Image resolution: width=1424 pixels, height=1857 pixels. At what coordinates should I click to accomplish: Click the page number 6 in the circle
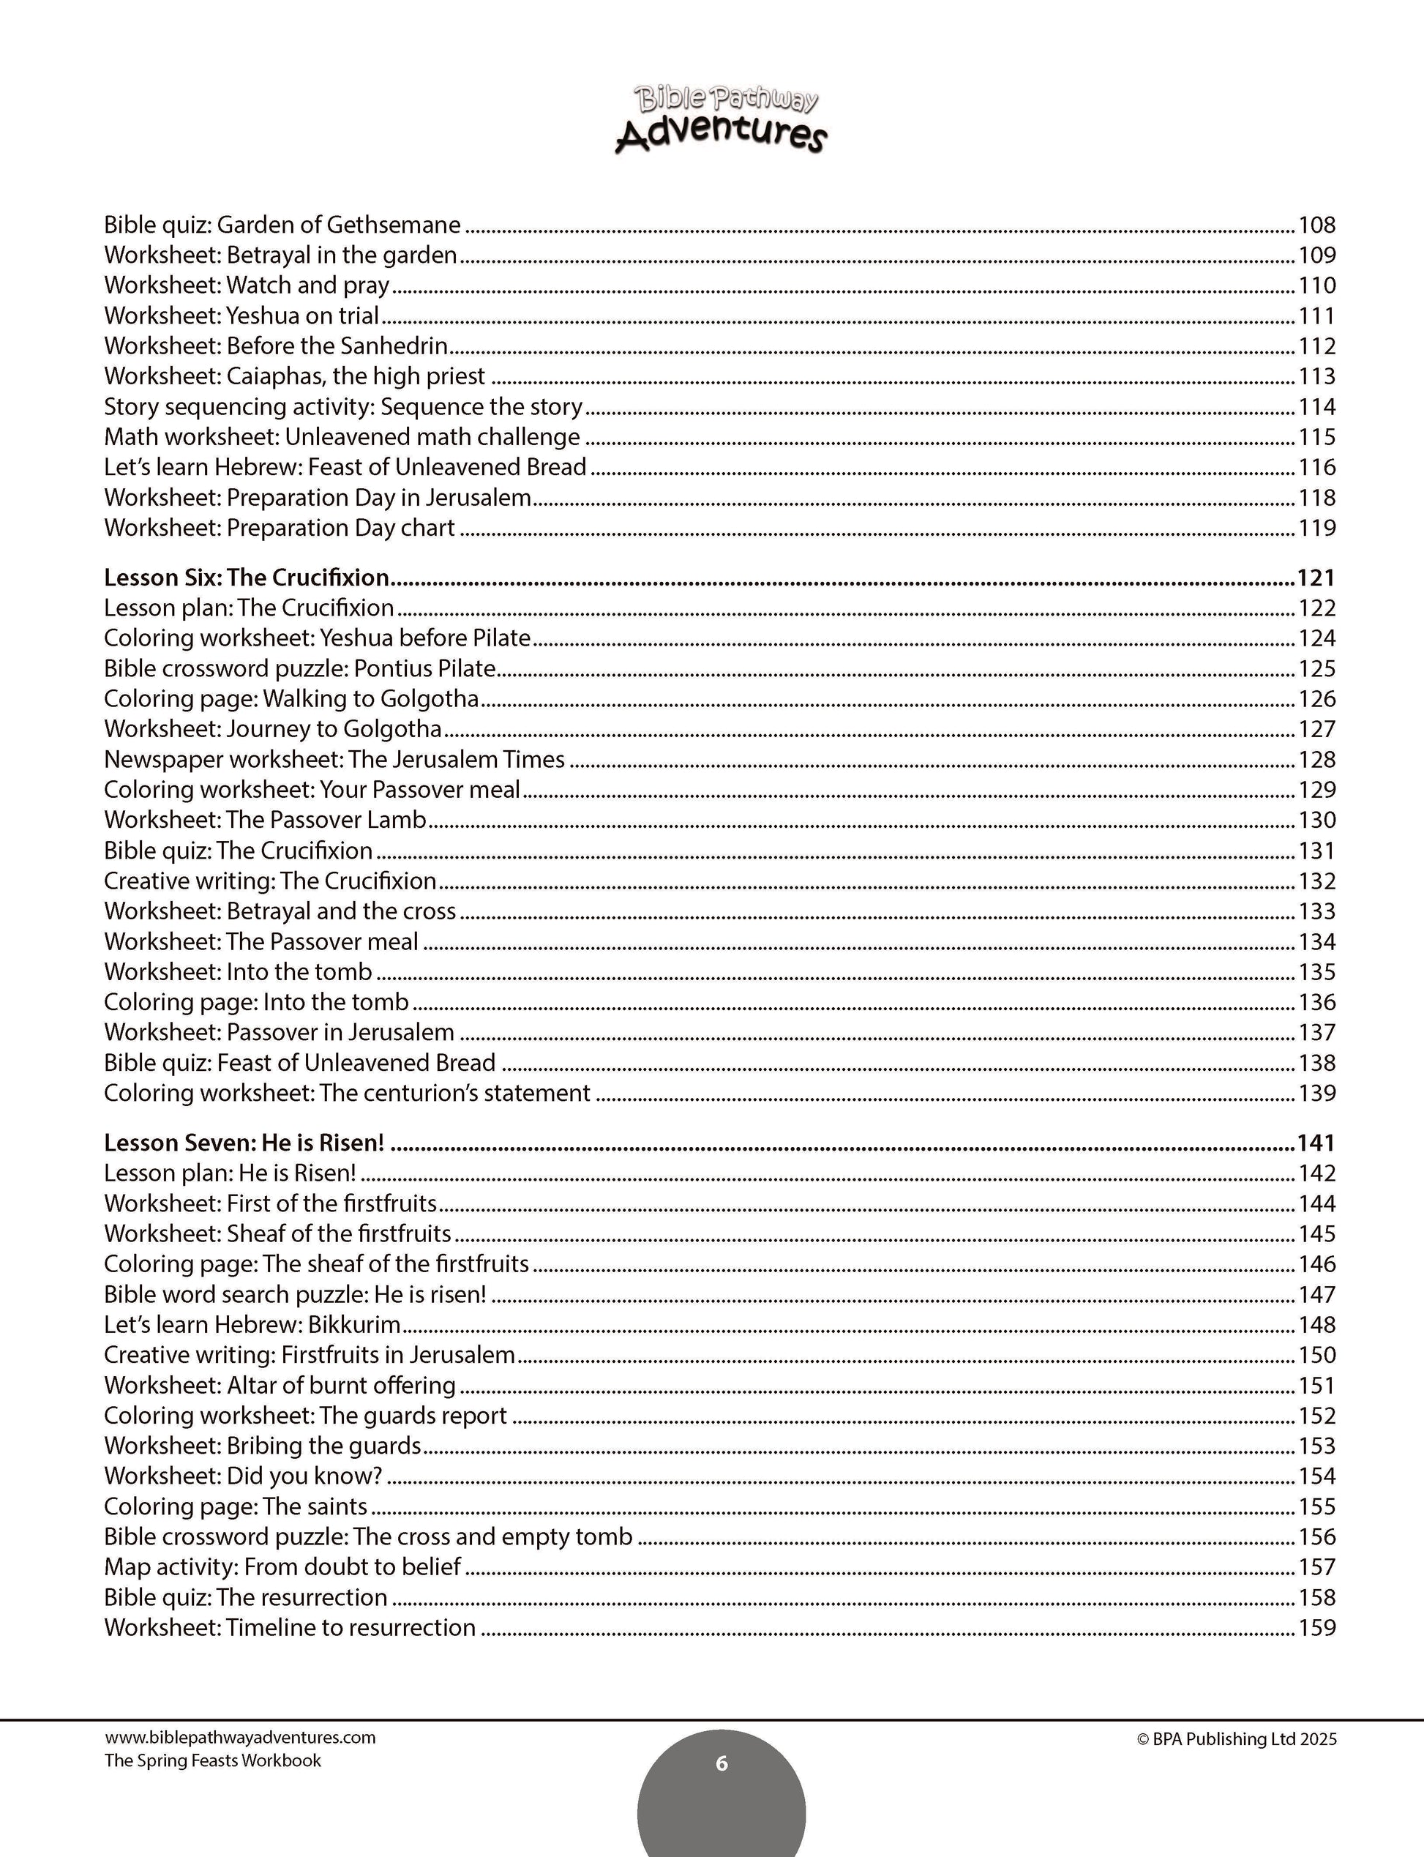click(722, 1763)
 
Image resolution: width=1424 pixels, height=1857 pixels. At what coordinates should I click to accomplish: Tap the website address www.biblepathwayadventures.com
click(240, 1737)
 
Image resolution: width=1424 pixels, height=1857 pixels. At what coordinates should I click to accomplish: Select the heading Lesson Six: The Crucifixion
click(246, 578)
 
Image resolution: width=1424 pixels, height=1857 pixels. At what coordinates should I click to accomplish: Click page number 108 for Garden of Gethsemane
click(1316, 225)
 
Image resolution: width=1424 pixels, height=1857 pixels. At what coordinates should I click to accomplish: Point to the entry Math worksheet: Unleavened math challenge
click(342, 437)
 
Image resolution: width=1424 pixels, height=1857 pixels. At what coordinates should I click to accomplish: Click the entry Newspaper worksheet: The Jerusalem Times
click(334, 759)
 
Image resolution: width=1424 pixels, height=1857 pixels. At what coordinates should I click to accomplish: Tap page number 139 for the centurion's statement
click(1316, 1093)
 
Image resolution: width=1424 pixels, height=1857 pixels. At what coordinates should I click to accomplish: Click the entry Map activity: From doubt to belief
click(282, 1566)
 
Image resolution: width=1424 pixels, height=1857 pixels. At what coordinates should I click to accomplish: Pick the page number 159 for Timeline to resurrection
click(1316, 1627)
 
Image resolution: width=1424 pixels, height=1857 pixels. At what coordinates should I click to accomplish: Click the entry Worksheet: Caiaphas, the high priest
click(294, 375)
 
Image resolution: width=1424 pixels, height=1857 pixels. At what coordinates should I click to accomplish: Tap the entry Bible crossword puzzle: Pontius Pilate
click(299, 668)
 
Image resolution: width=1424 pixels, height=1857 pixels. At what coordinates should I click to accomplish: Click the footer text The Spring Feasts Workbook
click(213, 1760)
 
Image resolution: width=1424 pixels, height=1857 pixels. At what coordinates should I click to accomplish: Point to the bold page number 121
click(1316, 578)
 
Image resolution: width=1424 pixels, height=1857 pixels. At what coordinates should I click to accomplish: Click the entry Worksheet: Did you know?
click(243, 1476)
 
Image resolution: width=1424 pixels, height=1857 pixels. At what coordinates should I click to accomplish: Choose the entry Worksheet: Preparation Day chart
click(279, 528)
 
